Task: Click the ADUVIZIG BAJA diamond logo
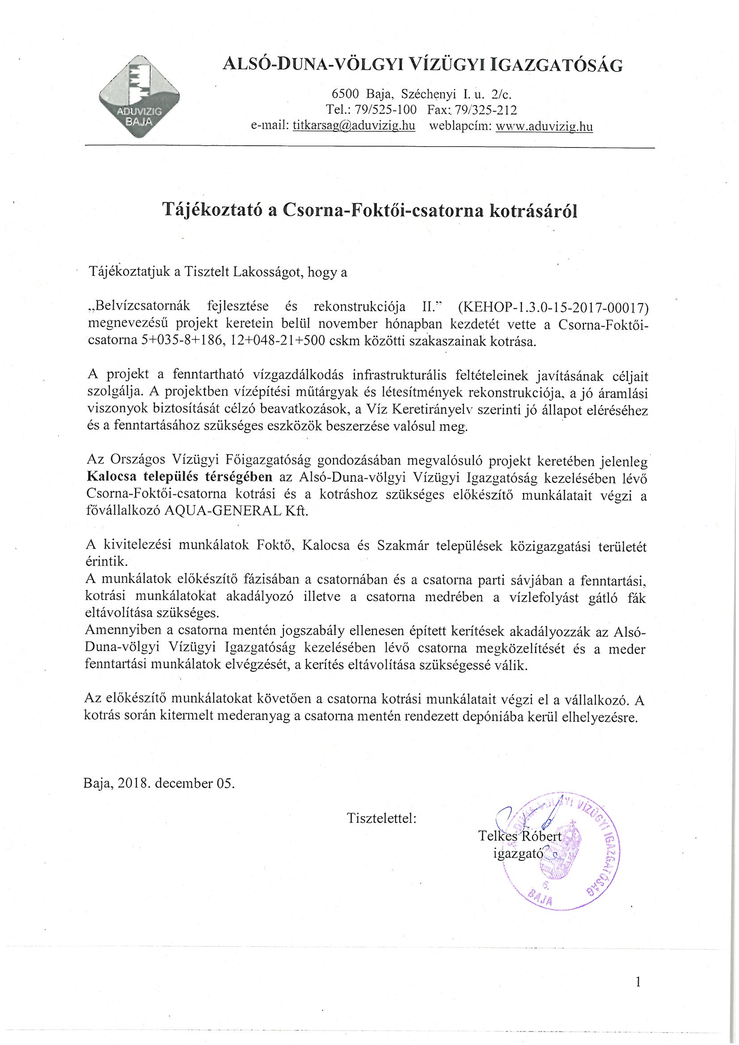[x=139, y=97]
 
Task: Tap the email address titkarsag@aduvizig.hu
[x=354, y=126]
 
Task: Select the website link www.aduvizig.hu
[x=544, y=126]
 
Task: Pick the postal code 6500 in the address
[x=346, y=94]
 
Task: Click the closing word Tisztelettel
[x=381, y=818]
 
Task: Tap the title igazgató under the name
[x=518, y=853]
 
